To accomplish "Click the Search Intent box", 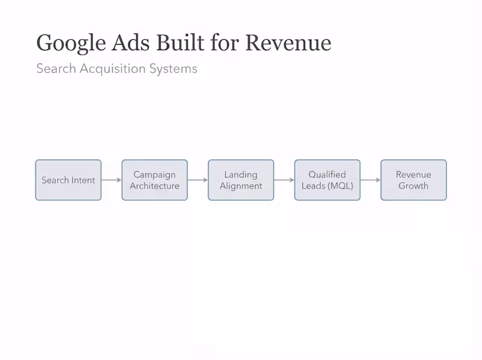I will click(68, 180).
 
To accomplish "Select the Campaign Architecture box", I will click(154, 180).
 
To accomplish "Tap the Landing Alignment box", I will click(241, 180).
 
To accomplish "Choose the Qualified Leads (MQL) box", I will click(327, 180).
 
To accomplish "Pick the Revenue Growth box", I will click(413, 180).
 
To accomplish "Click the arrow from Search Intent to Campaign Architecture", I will click(111, 180).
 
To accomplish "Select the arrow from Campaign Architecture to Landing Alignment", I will click(198, 180).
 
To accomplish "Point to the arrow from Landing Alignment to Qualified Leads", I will click(284, 180).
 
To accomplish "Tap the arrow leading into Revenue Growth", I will click(370, 180).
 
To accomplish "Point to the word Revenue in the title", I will click(289, 43).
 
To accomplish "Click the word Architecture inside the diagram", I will click(154, 186).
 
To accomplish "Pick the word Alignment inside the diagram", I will click(241, 186).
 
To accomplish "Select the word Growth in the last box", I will click(413, 186).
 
